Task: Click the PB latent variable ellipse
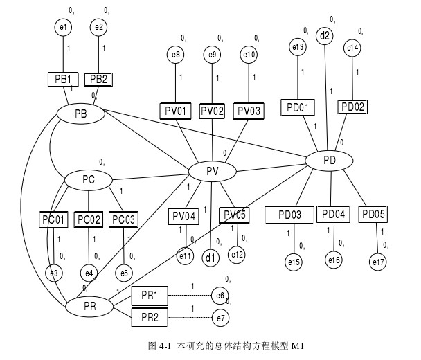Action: click(80, 112)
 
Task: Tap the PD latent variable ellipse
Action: click(330, 161)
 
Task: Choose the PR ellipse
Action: click(89, 305)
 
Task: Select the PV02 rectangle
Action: click(213, 111)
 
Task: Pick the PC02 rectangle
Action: click(89, 219)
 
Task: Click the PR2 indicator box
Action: click(150, 318)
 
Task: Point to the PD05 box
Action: click(373, 214)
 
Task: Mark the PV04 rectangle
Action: click(183, 217)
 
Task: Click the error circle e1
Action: click(64, 27)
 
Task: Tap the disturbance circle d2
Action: click(325, 35)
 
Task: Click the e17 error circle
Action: click(378, 262)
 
